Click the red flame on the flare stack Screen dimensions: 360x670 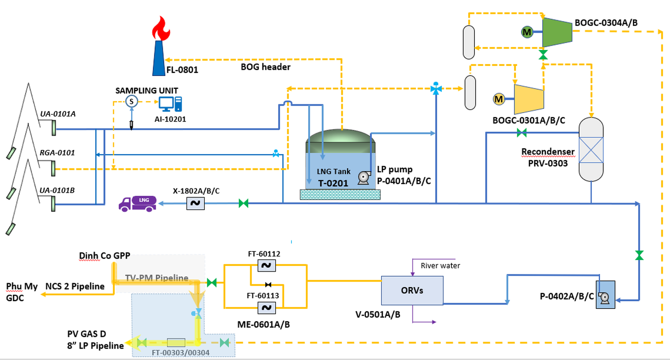click(161, 29)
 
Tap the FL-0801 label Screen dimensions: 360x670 click(182, 70)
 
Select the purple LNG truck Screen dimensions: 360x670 click(138, 203)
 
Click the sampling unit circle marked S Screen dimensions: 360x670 click(131, 101)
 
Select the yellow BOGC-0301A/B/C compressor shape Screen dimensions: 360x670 click(529, 99)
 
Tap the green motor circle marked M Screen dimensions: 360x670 click(527, 32)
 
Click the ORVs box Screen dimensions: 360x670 click(412, 291)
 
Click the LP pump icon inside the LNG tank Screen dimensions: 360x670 click(364, 178)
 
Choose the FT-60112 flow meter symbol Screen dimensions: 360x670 click(266, 265)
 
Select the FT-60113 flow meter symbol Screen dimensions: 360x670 click(266, 308)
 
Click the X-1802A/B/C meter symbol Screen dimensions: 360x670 click(195, 203)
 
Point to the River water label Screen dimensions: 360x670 click(440, 266)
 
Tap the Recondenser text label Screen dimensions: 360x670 click(548, 152)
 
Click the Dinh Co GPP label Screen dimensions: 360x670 click(105, 256)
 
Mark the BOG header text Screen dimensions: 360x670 click(265, 67)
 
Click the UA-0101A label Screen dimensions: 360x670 click(58, 114)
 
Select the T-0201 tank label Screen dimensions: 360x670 click(333, 183)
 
